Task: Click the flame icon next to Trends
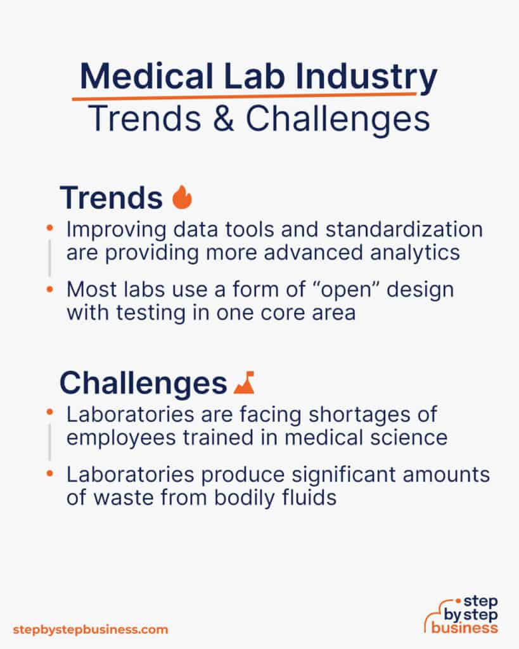click(x=182, y=198)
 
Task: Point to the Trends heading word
click(x=111, y=198)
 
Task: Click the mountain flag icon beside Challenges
click(x=243, y=383)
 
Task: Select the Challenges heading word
click(x=143, y=383)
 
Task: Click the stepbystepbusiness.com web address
click(x=90, y=629)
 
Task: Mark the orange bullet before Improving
click(x=50, y=227)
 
